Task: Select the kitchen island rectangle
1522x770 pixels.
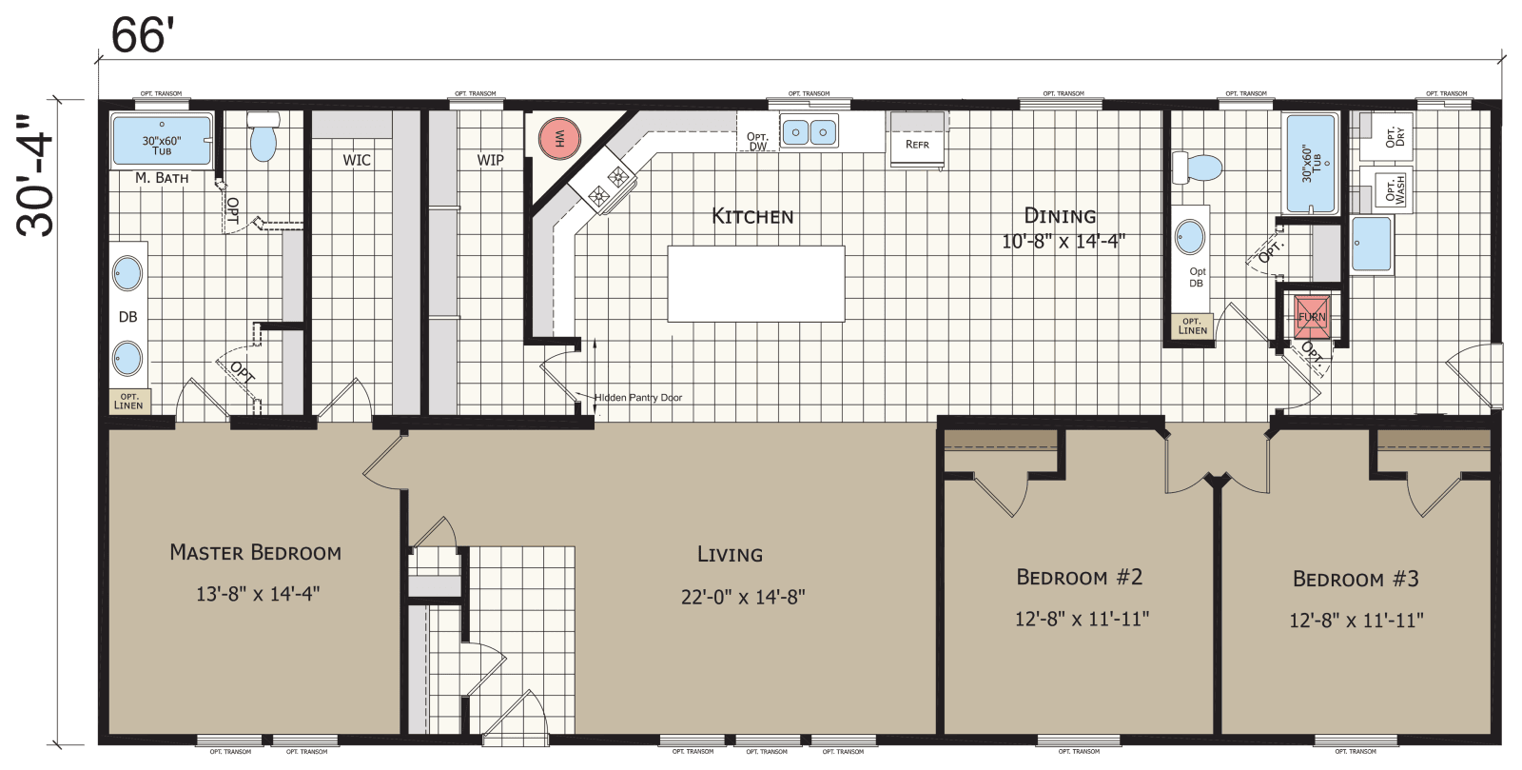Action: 755,284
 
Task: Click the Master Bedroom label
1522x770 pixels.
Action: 255,552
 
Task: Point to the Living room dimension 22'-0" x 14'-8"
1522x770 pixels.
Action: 743,597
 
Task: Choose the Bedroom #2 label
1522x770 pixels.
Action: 1080,577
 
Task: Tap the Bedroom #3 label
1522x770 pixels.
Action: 1356,579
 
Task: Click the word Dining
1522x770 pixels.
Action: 1060,216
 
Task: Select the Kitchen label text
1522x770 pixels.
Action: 752,216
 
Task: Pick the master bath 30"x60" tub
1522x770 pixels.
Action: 162,140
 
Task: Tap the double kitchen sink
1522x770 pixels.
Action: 810,131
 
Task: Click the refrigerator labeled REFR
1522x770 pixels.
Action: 918,143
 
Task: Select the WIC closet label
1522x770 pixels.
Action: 357,160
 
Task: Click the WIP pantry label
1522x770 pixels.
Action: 491,160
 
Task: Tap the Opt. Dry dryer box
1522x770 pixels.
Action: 1384,136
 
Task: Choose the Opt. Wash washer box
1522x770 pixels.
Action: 1384,188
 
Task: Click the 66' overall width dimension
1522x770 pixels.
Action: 144,35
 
